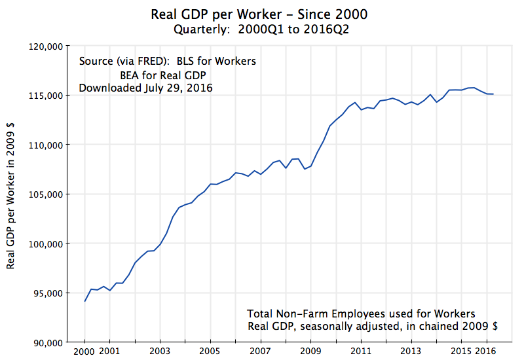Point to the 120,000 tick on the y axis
point(45,46)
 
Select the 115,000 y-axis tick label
point(45,96)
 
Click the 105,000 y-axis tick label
point(45,194)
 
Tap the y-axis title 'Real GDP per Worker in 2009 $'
point(10,194)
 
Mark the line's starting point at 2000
point(85,301)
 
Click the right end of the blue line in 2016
point(493,94)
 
